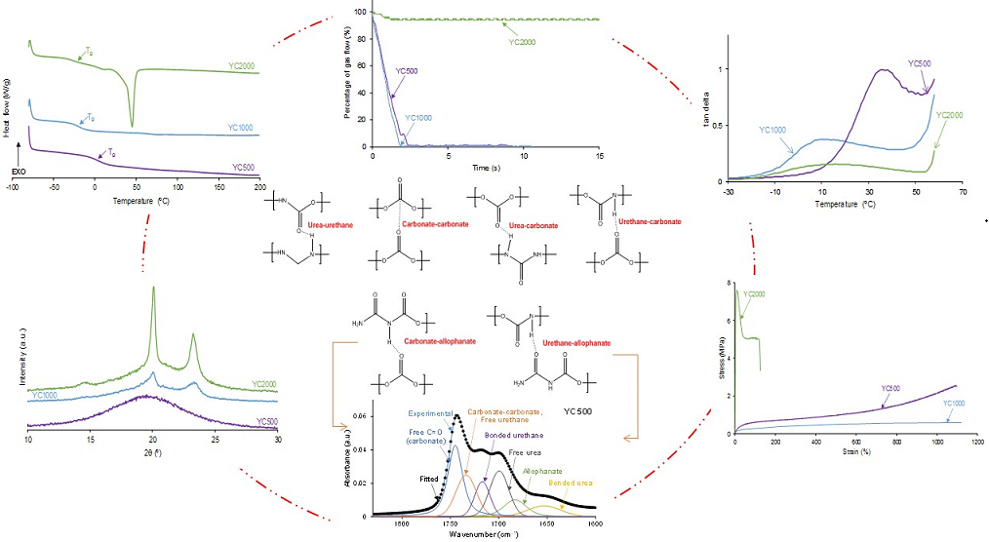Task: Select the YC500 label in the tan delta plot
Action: pyautogui.click(x=920, y=63)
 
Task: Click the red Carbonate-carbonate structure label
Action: pyautogui.click(x=432, y=224)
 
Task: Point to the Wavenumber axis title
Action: pyautogui.click(x=483, y=535)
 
